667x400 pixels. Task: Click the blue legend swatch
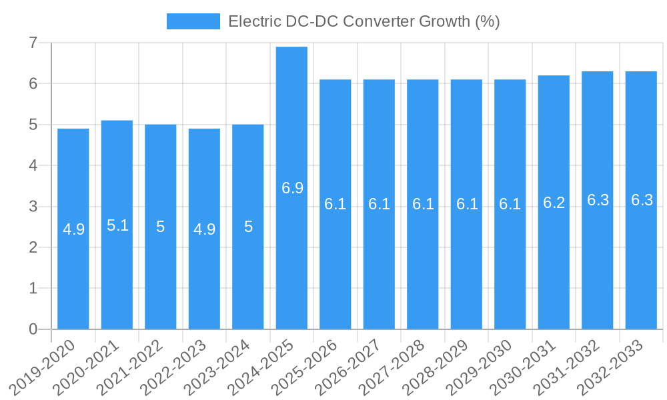[x=193, y=21]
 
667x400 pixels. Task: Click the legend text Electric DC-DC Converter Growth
[x=364, y=21]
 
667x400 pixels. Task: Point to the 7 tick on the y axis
[x=33, y=43]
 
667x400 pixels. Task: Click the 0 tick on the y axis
[x=33, y=329]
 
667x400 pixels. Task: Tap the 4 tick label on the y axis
[x=33, y=165]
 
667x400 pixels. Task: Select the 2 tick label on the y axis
[x=33, y=247]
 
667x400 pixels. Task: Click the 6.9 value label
[x=292, y=188]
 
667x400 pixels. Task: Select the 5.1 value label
[x=117, y=225]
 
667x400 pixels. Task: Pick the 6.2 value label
[x=554, y=203]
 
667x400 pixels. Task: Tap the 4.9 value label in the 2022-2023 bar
[x=204, y=229]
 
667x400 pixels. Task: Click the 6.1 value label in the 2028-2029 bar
[x=466, y=205]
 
